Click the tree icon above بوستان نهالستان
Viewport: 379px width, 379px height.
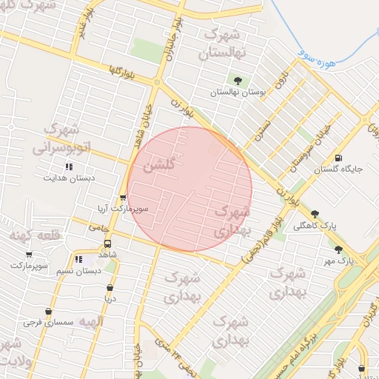pos(238,81)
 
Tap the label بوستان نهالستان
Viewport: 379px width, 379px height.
pos(237,93)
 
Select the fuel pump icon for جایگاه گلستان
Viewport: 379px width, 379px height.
pos(338,157)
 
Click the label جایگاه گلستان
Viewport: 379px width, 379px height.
pos(338,170)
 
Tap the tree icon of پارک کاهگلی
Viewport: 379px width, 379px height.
pos(315,213)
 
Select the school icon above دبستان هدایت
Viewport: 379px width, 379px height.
pos(69,167)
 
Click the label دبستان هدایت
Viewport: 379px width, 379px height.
pos(69,178)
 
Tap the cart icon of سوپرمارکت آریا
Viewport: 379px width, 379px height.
pos(123,198)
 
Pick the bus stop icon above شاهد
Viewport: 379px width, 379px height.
pos(108,243)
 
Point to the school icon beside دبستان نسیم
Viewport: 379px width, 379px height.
pos(78,259)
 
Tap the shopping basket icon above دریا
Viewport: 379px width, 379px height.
pos(110,288)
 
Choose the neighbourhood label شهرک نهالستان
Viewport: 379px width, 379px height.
pos(223,44)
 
